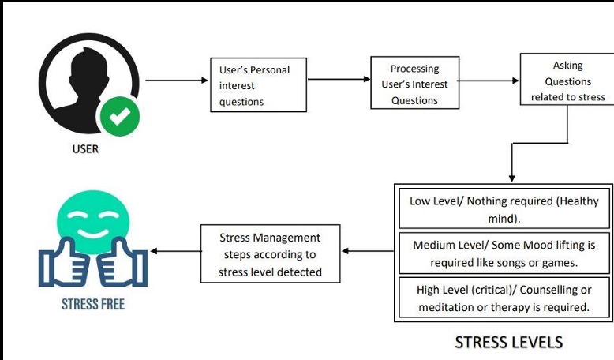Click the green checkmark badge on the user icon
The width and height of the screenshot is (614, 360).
click(119, 117)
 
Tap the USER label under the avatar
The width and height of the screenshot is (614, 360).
click(85, 149)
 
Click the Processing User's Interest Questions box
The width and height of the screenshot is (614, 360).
click(414, 84)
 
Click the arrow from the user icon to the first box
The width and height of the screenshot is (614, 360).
click(176, 80)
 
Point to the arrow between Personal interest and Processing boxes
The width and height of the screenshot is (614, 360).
click(339, 80)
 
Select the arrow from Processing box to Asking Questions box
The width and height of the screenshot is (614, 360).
click(489, 80)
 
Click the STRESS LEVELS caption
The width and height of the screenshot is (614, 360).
click(508, 342)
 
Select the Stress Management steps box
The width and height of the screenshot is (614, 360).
click(270, 254)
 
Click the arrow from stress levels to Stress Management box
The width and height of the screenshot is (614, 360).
click(368, 252)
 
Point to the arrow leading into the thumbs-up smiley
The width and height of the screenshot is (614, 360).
click(174, 251)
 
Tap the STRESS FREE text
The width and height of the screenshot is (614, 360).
click(93, 303)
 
